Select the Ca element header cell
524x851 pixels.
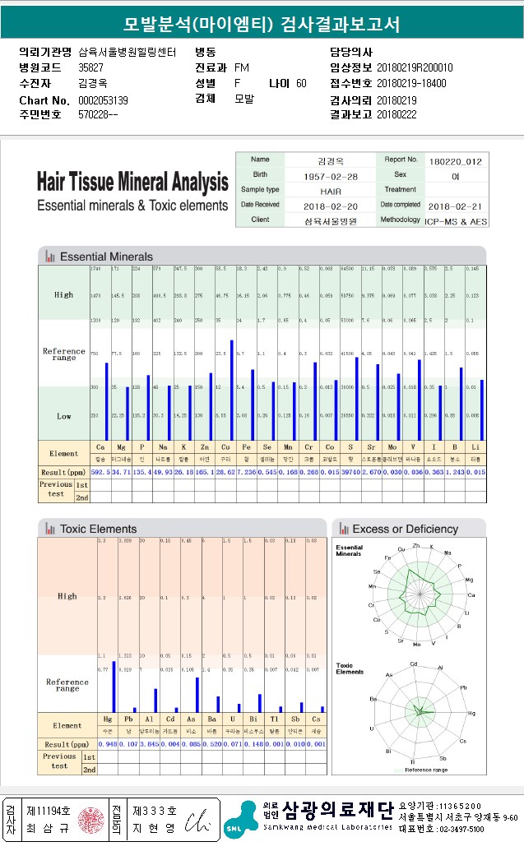(100, 446)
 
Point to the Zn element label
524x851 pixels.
(204, 446)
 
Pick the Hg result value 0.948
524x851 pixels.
(107, 744)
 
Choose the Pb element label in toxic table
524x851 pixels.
(128, 719)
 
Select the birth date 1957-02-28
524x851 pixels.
(330, 176)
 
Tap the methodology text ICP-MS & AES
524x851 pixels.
(455, 221)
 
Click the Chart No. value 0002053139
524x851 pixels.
(103, 100)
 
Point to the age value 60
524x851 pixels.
(301, 83)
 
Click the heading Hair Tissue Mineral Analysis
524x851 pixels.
(132, 182)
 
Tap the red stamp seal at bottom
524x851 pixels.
(89, 820)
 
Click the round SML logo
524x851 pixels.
(234, 829)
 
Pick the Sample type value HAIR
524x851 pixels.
(330, 191)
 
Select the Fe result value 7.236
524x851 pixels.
(247, 473)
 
